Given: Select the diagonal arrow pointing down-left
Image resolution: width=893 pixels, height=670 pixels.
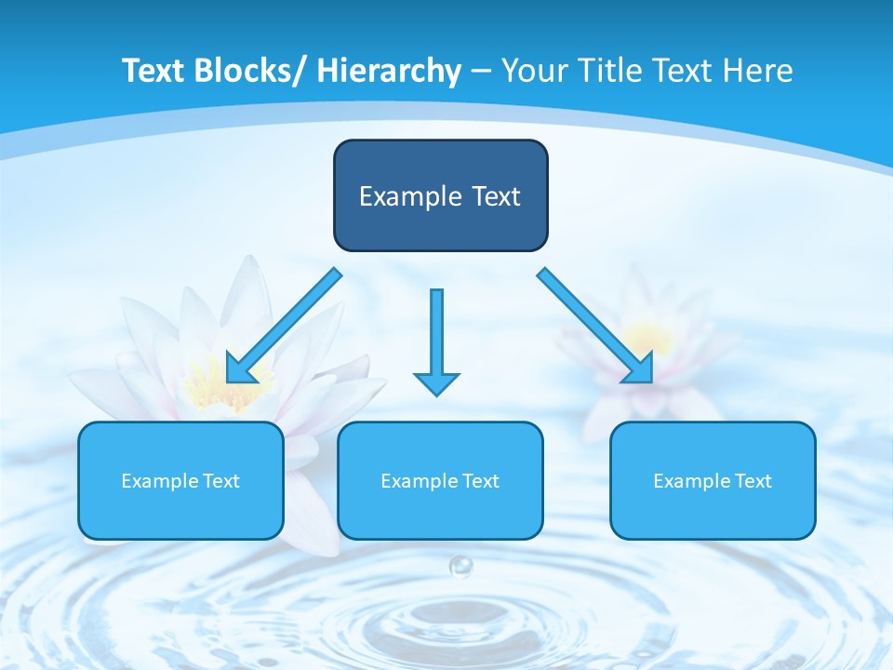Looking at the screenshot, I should pyautogui.click(x=285, y=326).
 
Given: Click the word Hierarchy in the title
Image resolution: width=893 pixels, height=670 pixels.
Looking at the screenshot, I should pyautogui.click(x=389, y=71).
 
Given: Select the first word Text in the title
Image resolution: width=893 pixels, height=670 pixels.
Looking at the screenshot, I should pyautogui.click(x=154, y=71).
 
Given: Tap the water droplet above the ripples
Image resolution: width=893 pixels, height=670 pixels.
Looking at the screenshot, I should pyautogui.click(x=460, y=565).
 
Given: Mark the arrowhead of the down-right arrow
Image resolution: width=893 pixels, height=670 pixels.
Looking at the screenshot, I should pyautogui.click(x=640, y=369).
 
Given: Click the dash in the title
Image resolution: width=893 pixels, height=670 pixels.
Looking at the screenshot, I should pyautogui.click(x=481, y=71).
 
